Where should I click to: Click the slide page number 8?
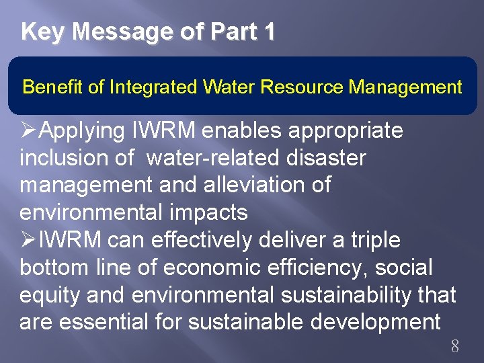pyautogui.click(x=454, y=347)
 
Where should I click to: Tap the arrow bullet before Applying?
pyautogui.click(x=29, y=130)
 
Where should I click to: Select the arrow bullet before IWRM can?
pyautogui.click(x=29, y=240)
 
